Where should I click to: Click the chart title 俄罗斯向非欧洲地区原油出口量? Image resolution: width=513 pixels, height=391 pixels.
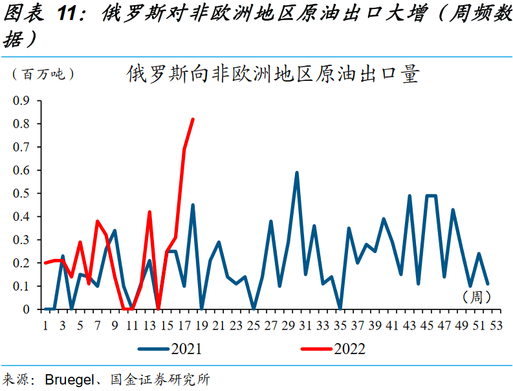point(273,74)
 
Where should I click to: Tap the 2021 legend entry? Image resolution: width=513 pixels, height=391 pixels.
point(169,350)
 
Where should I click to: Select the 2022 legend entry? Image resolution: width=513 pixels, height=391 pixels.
point(333,350)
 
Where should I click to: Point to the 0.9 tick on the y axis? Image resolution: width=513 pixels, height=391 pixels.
point(22,100)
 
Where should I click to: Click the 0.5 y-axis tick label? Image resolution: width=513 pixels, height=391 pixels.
point(22,194)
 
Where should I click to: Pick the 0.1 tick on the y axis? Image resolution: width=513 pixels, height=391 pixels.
point(22,286)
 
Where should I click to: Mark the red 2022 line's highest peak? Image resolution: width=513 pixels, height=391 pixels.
point(193,119)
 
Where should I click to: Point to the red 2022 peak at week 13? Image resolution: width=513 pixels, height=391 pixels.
point(149,212)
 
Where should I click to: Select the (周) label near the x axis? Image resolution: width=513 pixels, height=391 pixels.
point(477,297)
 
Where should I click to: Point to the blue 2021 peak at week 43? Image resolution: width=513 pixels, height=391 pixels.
point(409,195)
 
